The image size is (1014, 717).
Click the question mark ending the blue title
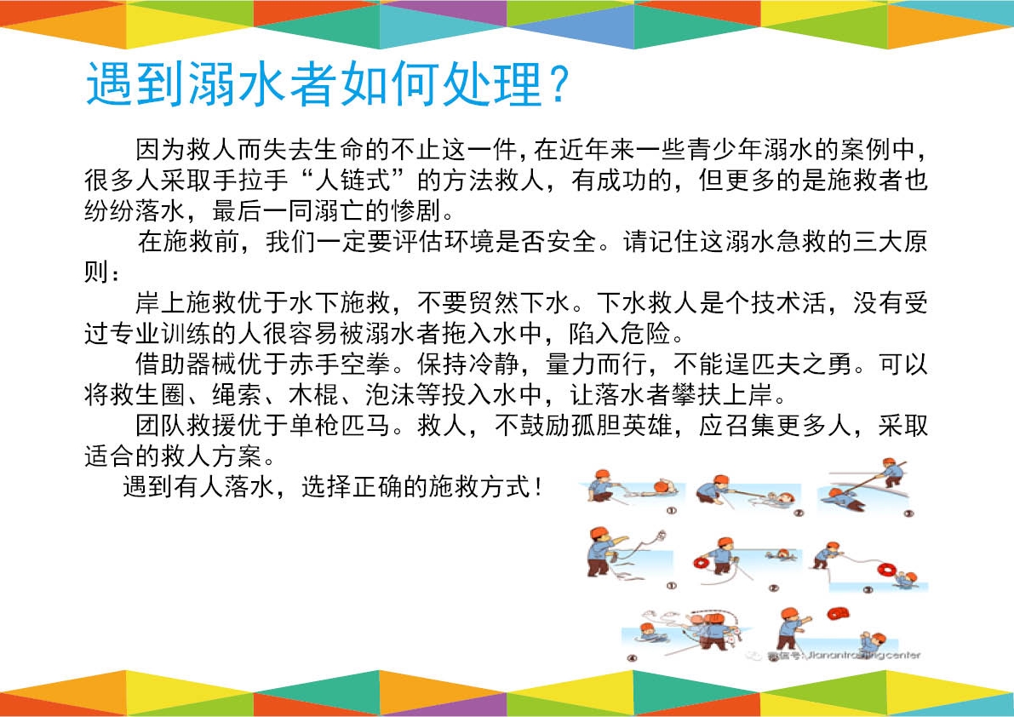point(558,84)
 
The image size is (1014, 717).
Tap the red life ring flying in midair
point(838,612)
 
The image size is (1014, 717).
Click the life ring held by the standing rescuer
point(701,563)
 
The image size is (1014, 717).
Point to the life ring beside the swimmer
point(886,571)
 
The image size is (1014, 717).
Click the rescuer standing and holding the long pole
point(892,473)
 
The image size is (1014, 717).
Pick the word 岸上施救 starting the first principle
point(186,302)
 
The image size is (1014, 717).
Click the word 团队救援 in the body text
point(186,426)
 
